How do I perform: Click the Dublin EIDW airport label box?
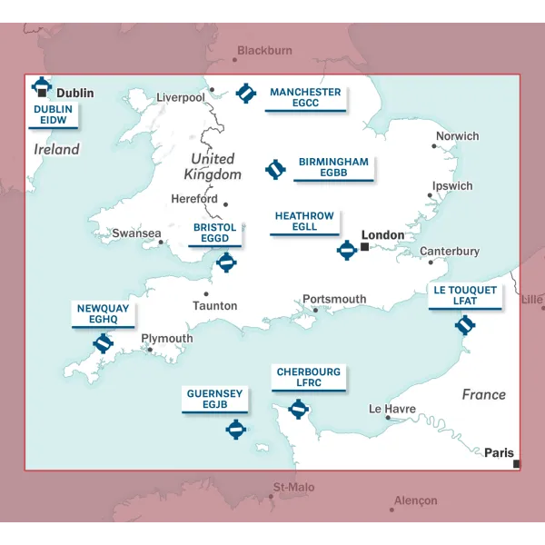[x=53, y=114]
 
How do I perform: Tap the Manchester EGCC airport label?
[x=305, y=98]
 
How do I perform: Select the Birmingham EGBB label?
[x=333, y=167]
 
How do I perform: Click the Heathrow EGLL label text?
[x=304, y=222]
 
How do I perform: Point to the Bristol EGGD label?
[x=215, y=233]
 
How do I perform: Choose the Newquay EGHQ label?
[x=103, y=314]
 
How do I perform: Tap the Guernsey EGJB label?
[x=214, y=399]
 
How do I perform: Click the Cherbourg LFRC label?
[x=309, y=378]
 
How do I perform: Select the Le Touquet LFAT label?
[x=465, y=296]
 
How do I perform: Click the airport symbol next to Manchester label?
[x=245, y=93]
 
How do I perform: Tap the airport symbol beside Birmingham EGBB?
[x=274, y=169]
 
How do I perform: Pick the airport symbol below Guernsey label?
[x=236, y=429]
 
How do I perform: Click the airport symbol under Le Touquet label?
[x=465, y=324]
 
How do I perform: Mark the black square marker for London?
[x=364, y=246]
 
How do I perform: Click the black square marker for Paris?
[x=516, y=464]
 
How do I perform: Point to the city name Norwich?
[x=457, y=136]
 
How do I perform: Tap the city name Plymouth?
[x=167, y=339]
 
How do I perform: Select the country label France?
[x=483, y=394]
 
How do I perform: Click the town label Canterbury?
[x=449, y=251]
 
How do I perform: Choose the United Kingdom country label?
[x=213, y=166]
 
